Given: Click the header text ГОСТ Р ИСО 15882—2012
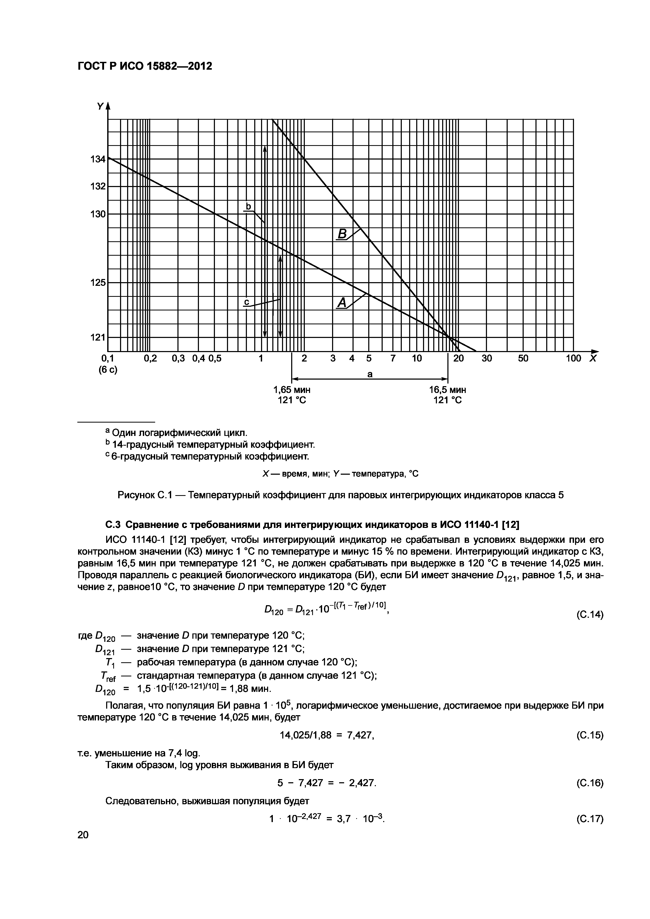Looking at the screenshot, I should click(145, 66).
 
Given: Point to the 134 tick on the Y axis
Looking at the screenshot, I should click(98, 159).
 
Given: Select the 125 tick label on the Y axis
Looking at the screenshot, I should click(98, 283).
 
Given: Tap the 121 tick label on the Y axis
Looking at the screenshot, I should click(98, 337).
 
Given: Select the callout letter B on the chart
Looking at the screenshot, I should click(342, 233).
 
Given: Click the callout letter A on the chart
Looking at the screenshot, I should click(342, 303).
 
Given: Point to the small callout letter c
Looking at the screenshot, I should click(247, 303).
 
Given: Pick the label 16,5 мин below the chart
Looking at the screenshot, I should click(447, 390).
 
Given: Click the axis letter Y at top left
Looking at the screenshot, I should click(100, 106).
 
